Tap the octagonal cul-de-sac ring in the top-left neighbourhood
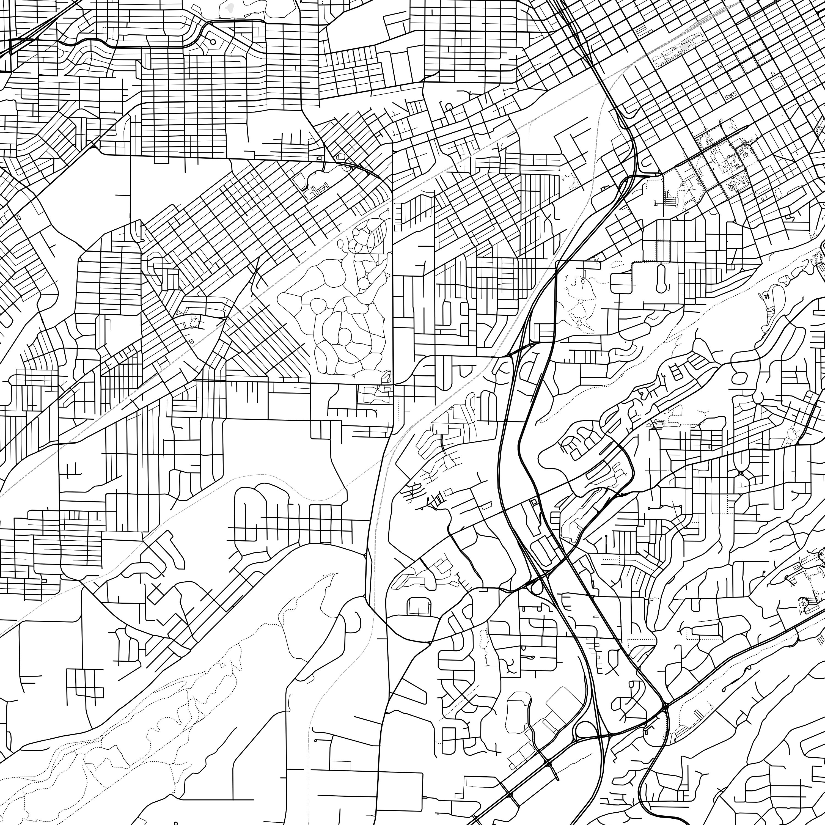[213, 42]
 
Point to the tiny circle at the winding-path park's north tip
[340, 244]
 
